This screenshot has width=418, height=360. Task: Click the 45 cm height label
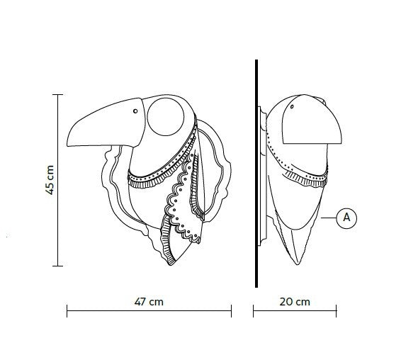[x=50, y=180]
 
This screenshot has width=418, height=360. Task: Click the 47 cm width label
[x=149, y=302]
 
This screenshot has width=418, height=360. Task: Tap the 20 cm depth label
[x=295, y=302]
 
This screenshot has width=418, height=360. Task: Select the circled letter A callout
[x=346, y=218]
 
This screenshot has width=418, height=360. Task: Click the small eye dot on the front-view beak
[x=135, y=111]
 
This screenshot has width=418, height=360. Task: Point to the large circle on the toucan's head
[x=166, y=116]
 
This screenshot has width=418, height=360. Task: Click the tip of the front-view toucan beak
[x=67, y=145]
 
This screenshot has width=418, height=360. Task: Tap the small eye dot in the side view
[x=292, y=107]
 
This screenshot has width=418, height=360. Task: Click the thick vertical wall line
[x=256, y=174]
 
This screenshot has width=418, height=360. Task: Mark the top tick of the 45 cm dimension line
[x=58, y=94]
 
